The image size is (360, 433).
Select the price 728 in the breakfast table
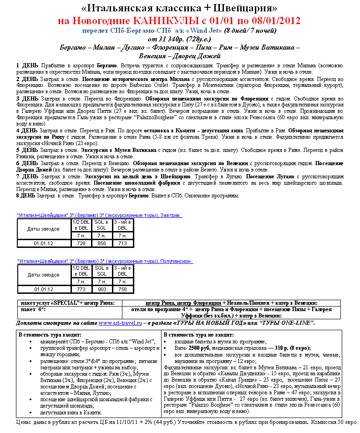pos(81,243)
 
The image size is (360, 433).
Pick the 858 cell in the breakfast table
pos(102,243)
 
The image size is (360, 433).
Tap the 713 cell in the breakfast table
pos(122,243)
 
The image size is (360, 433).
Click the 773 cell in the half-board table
pos(81,289)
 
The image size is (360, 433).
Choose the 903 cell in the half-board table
pos(102,289)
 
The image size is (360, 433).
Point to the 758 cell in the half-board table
pos(122,289)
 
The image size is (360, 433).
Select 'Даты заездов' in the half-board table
pos(43,275)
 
